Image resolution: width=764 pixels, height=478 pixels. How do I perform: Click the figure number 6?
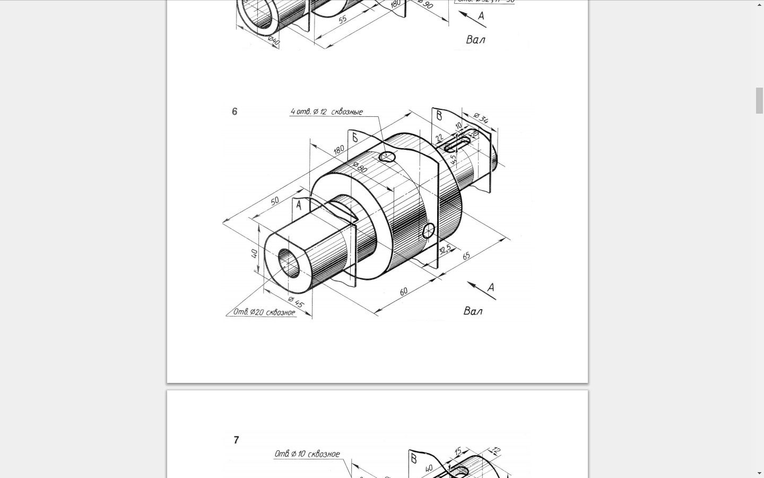235,112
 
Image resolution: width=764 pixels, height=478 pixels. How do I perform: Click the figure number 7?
236,440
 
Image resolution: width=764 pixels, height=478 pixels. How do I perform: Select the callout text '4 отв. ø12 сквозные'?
326,112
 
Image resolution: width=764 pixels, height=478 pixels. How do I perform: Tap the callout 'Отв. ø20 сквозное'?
264,312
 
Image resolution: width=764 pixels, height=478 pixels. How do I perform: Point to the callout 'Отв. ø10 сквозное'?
307,454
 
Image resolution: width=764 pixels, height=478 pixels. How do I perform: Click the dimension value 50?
274,201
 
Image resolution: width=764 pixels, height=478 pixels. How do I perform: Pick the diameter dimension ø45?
296,303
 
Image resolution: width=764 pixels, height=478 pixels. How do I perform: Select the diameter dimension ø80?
360,167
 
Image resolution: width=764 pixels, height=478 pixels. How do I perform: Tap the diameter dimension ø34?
481,118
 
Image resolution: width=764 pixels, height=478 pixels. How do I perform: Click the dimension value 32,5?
445,249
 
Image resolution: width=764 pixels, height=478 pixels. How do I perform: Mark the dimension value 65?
466,256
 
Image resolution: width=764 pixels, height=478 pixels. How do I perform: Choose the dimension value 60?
404,292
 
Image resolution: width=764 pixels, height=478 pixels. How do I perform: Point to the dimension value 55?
343,19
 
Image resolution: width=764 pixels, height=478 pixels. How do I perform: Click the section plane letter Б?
354,138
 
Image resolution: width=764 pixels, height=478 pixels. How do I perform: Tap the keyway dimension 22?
439,138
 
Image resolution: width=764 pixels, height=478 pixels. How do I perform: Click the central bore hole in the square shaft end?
289,262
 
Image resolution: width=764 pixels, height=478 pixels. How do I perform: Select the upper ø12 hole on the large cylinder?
387,157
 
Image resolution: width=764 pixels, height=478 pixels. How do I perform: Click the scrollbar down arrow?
759,473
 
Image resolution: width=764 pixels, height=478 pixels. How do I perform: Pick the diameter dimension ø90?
426,5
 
